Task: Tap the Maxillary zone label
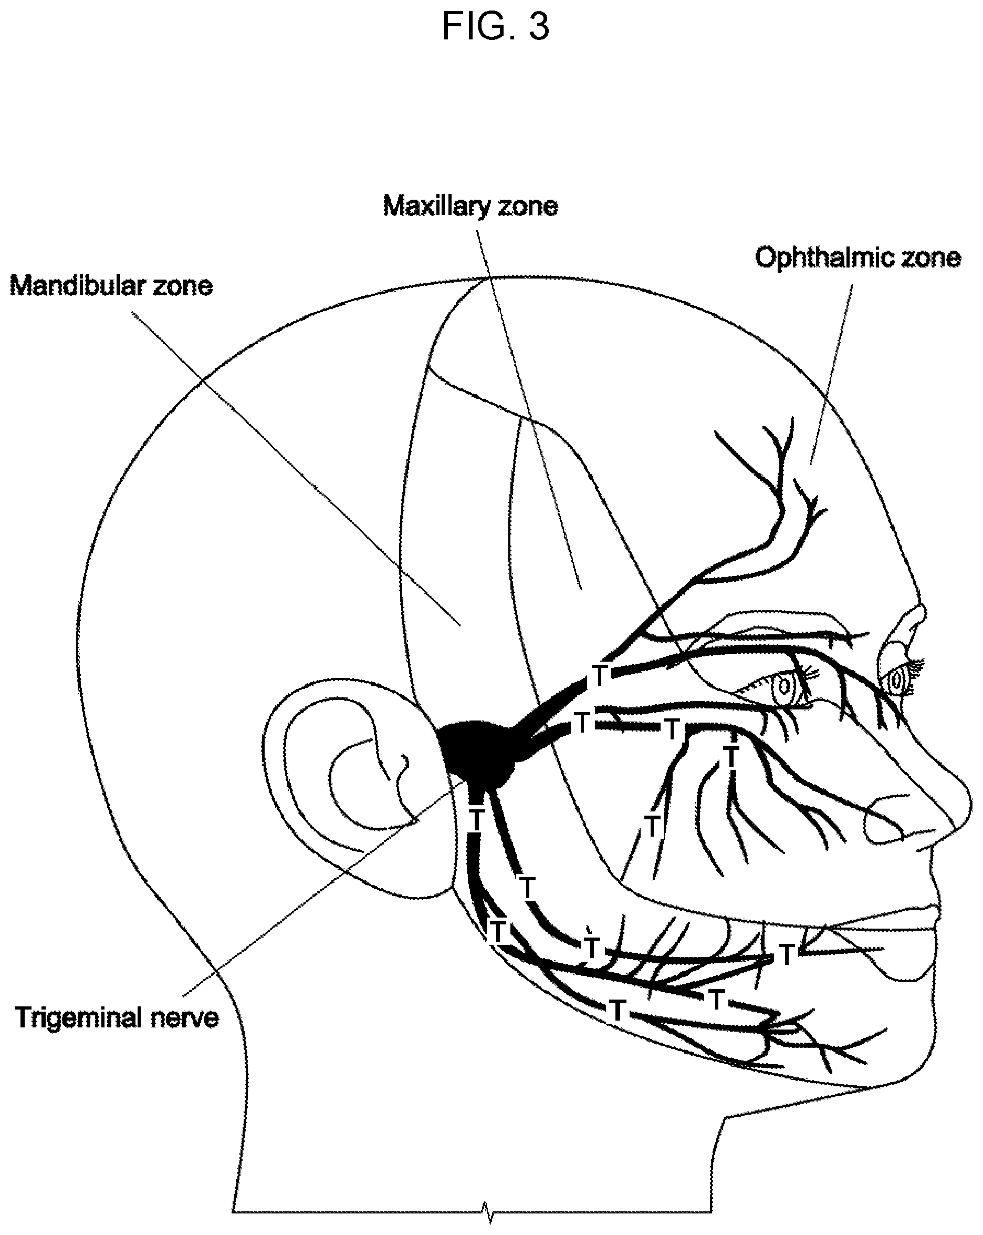470,206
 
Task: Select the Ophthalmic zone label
857,257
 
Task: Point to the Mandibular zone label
111,285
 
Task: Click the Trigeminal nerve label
117,1018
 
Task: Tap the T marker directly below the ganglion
476,820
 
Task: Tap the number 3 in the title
539,26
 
